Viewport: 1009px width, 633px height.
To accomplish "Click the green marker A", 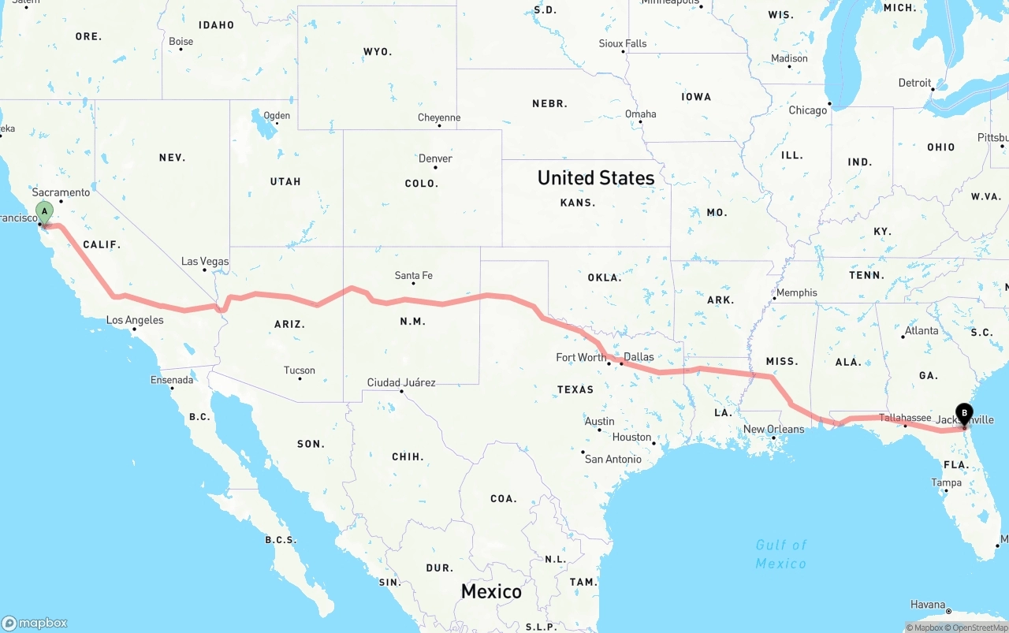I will (45, 211).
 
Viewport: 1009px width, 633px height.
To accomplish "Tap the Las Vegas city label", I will (205, 261).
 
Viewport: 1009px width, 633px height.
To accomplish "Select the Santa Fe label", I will (413, 275).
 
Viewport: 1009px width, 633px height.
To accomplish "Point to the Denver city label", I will (435, 158).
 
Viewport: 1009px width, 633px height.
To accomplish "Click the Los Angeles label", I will (135, 320).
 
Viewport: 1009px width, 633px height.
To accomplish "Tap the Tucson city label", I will (300, 370).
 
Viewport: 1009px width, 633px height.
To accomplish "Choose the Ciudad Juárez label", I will (401, 382).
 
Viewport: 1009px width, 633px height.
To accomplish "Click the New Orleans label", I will (774, 429).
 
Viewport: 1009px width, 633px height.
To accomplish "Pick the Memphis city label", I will (797, 292).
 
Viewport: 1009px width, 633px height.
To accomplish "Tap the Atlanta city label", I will (922, 330).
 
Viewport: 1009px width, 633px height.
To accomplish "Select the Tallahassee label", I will (905, 418).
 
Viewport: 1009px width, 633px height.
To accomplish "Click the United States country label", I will (596, 177).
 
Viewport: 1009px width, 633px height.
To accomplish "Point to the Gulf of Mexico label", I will (781, 553).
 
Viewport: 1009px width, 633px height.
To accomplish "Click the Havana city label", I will (928, 605).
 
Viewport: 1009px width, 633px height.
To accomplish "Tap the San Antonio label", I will (613, 459).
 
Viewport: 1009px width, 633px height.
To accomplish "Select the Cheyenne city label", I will (439, 117).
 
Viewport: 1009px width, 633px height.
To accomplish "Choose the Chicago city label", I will (808, 110).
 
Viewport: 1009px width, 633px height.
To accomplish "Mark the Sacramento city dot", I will (61, 201).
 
